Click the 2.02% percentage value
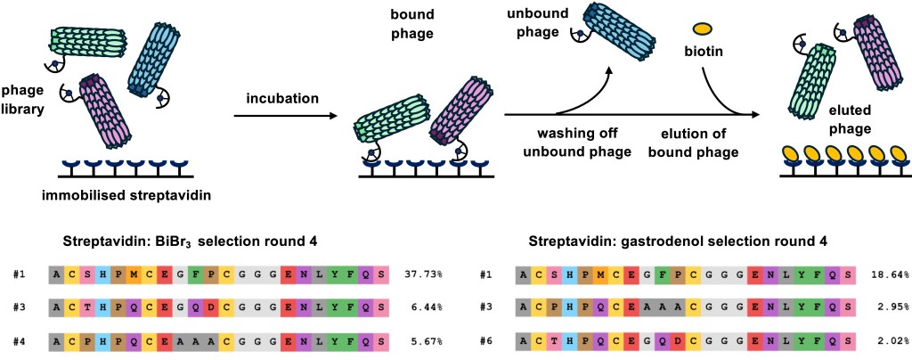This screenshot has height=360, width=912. click(x=891, y=340)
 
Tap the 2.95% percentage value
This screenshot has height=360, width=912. click(x=891, y=307)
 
